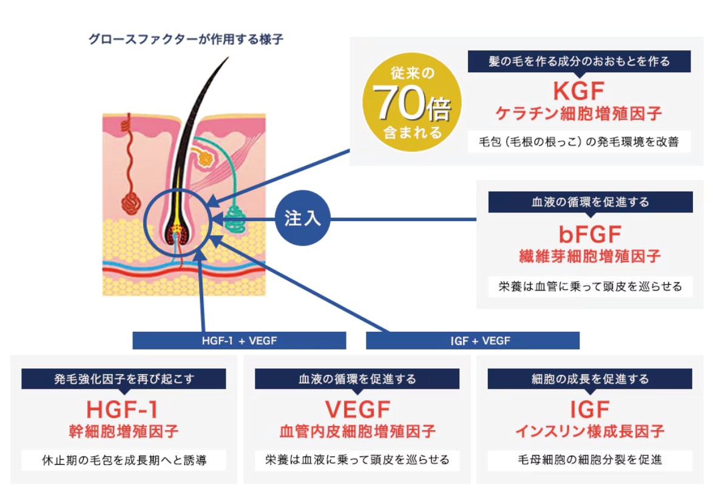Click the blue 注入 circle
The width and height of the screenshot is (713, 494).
pos(302,218)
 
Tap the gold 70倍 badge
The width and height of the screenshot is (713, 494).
pos(412,103)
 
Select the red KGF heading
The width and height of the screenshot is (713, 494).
pos(578,91)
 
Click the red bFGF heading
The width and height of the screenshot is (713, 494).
pos(590,235)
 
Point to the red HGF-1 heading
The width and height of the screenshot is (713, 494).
pos(123,410)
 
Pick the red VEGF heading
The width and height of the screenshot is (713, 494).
pos(357,410)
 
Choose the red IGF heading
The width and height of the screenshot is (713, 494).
pos(590,410)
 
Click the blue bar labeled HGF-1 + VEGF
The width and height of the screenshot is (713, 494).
pos(239,340)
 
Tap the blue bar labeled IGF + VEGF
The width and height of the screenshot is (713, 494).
pos(473,340)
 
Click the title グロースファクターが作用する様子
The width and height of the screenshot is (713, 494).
pos(186,39)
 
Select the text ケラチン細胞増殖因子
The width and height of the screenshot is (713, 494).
pos(578,114)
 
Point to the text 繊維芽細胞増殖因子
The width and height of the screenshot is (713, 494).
pos(590,256)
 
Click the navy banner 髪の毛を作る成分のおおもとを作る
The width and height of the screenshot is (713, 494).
pos(579,61)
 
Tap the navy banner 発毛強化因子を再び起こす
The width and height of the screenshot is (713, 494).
pos(124,379)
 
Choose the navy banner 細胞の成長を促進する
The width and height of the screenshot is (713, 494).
pos(590,379)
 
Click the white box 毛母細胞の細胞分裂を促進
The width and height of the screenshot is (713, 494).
pos(590,460)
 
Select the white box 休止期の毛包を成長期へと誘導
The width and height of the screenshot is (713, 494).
pos(124,461)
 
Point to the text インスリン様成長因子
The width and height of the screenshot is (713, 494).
pos(590,431)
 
